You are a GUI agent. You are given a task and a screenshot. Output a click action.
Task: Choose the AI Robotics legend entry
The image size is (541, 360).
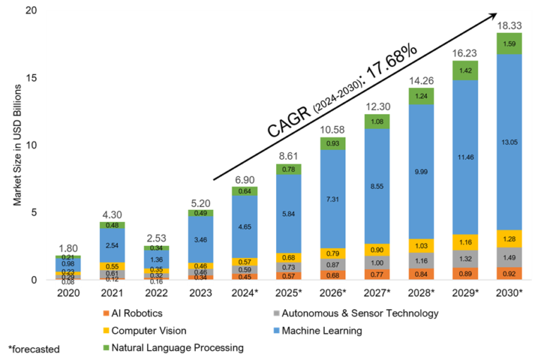pos(137,313)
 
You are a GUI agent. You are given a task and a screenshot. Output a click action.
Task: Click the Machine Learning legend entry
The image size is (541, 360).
pos(324,330)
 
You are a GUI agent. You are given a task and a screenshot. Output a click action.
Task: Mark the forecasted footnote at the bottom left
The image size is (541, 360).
pos(33,348)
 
